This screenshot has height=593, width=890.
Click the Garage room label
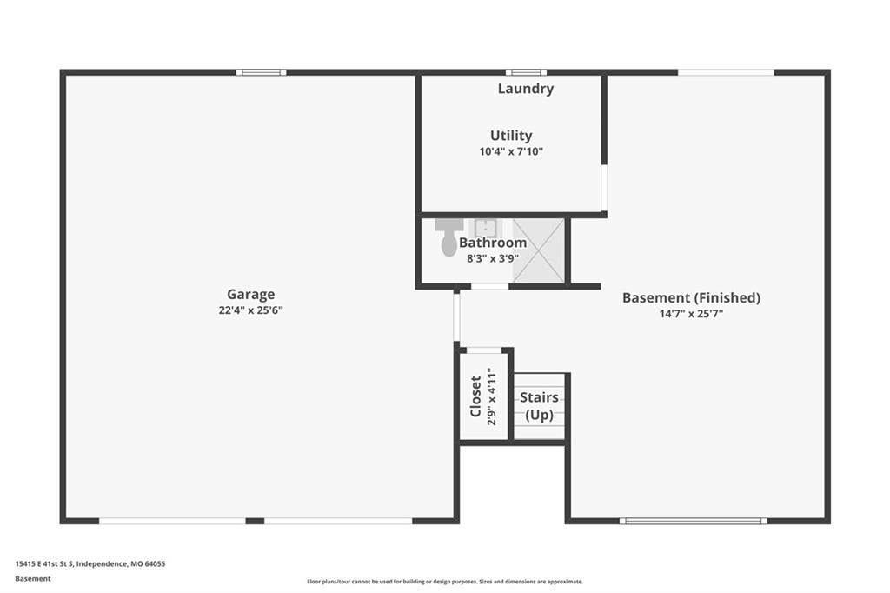[x=250, y=294]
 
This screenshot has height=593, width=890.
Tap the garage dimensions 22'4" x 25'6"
[x=250, y=310]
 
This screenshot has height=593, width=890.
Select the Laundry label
[x=526, y=89]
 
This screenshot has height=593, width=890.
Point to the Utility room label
[x=511, y=136]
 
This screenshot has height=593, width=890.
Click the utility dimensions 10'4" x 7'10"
[x=511, y=151]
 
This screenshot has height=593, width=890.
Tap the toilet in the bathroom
[x=449, y=237]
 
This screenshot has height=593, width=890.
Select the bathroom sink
[x=486, y=227]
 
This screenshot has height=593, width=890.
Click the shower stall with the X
[x=538, y=250]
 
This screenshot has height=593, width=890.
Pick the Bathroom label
[x=493, y=243]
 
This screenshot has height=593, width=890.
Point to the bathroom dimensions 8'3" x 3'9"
[x=493, y=258]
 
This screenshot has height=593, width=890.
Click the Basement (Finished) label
[x=691, y=297]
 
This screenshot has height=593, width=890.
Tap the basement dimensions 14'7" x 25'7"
[x=691, y=314]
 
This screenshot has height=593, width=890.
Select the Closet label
[x=475, y=396]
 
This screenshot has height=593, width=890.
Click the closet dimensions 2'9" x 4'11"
[x=492, y=396]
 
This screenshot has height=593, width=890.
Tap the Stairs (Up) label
[x=539, y=405]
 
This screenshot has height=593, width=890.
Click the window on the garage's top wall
[x=261, y=72]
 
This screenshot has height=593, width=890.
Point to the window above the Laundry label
[x=526, y=72]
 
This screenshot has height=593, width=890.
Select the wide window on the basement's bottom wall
[x=693, y=521]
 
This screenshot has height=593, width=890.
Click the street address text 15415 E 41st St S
[x=44, y=564]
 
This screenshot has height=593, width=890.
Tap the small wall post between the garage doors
[x=255, y=521]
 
